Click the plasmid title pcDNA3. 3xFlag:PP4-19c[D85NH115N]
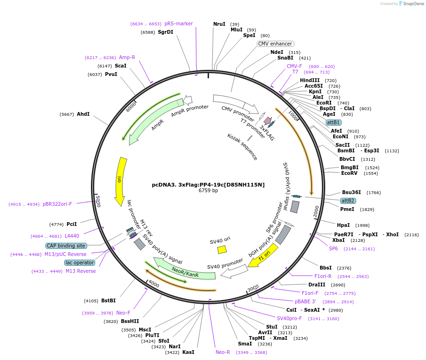[208, 185]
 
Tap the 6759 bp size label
[208, 191]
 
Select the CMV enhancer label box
[275, 44]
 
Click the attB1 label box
[334, 122]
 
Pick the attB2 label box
[348, 201]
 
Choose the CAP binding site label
[66, 246]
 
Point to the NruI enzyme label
[219, 24]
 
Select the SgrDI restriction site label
[165, 32]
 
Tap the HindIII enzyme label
[310, 81]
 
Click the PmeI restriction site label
[347, 209]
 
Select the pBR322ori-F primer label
[57, 204]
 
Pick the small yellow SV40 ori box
[222, 250]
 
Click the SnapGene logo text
[412, 4]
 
